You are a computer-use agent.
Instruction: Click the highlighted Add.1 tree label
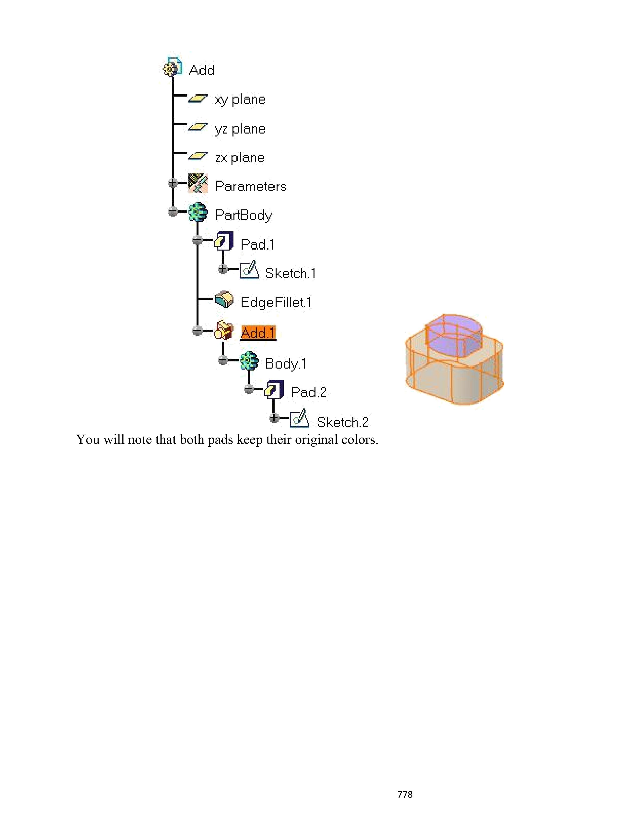258,332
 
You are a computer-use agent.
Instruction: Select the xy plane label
240,99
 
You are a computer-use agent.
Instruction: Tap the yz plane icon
198,128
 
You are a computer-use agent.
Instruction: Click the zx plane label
240,158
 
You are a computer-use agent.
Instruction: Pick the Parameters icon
198,184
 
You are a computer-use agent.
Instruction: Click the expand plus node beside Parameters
173,183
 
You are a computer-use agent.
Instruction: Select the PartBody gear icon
198,212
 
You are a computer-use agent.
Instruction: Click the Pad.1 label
257,245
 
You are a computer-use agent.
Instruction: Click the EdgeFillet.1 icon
224,300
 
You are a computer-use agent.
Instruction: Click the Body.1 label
286,364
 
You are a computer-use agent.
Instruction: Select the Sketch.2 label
342,422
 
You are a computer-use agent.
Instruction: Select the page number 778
405,794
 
